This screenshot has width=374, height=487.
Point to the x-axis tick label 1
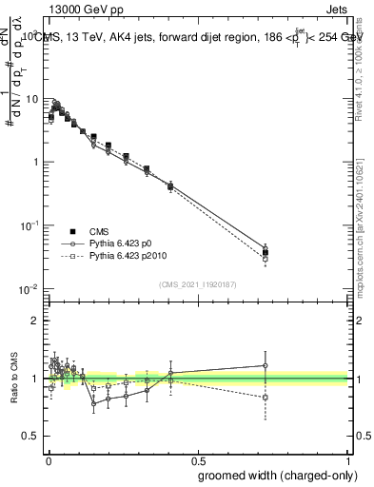point(348,458)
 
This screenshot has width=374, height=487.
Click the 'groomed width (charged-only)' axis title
point(272,475)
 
